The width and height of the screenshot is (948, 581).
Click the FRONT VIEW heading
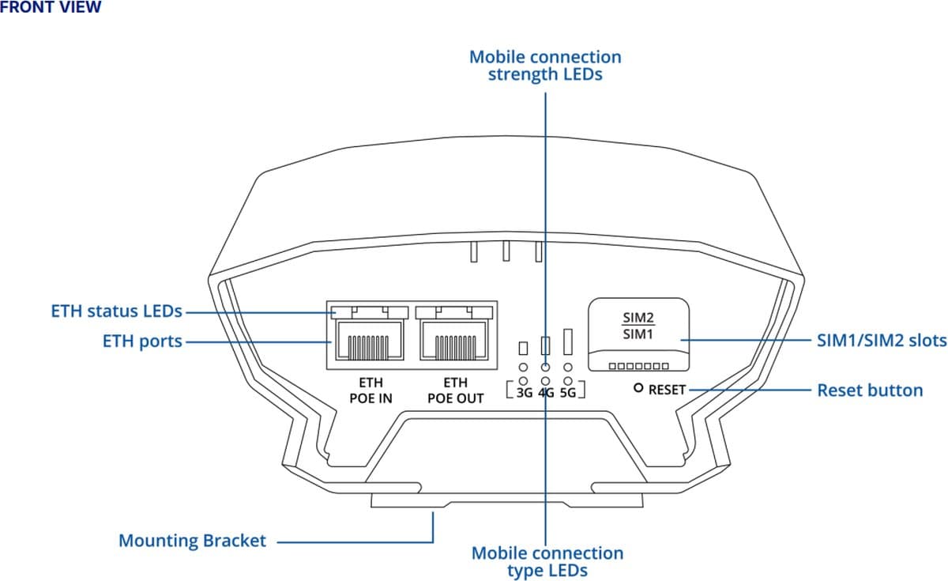point(51,8)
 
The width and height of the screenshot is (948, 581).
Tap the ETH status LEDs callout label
point(117,311)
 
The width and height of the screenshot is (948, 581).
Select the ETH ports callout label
point(142,341)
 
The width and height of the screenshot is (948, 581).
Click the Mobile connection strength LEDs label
point(545,66)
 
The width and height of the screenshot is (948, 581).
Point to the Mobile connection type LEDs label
point(547,561)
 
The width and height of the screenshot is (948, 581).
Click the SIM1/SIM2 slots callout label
point(881,341)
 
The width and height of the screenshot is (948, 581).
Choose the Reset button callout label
point(869,390)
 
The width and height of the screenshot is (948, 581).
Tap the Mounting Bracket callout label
point(192,541)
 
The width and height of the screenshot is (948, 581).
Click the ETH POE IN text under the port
point(371,390)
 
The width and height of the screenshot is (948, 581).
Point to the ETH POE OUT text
point(455,390)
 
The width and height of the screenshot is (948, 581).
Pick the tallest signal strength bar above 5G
point(567,341)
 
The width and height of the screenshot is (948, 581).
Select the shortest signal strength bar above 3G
point(523,348)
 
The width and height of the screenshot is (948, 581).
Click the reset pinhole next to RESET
point(638,389)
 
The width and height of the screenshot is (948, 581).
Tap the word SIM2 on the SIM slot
point(639,319)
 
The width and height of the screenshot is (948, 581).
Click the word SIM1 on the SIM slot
point(639,334)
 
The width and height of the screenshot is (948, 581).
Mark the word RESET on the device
point(668,390)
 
